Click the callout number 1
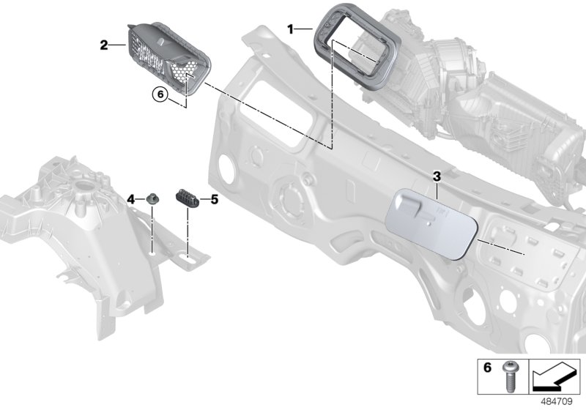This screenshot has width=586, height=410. [x=290, y=29]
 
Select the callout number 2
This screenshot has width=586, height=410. [x=103, y=45]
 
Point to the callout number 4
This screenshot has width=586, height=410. [x=131, y=198]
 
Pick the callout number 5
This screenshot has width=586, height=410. [x=215, y=198]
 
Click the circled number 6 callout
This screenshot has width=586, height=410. [x=160, y=93]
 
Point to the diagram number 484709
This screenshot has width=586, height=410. [x=562, y=401]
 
